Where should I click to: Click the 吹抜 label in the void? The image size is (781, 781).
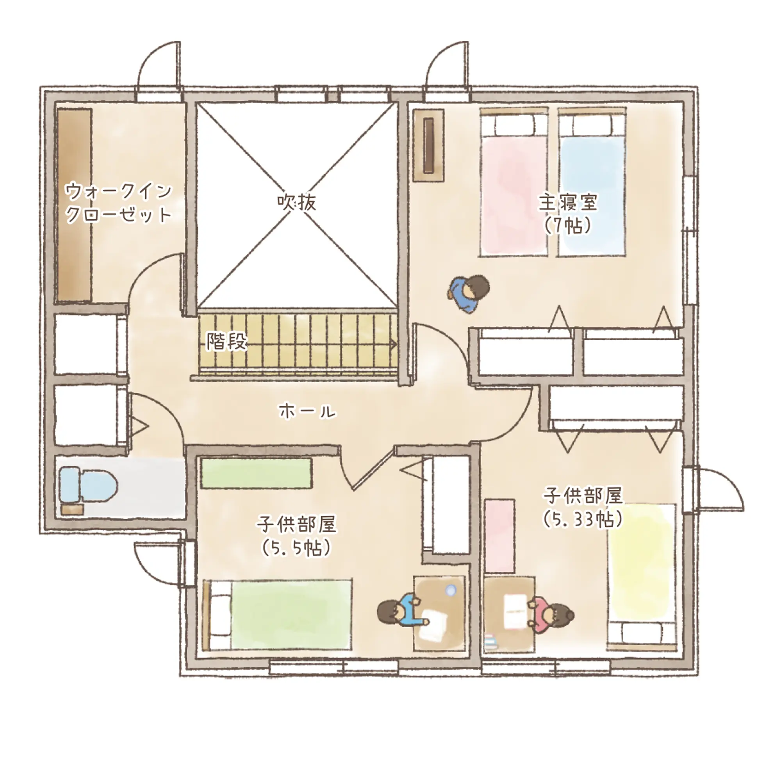pos(296,202)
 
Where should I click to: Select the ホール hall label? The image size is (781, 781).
pos(308,412)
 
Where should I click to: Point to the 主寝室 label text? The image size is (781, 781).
pos(567,203)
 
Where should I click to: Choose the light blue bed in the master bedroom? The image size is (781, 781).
pos(592,182)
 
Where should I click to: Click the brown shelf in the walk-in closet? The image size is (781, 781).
pos(74,205)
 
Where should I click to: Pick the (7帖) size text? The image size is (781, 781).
pos(567,226)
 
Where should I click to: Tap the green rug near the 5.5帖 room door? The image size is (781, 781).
pos(256,473)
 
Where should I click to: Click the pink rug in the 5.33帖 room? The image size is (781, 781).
pos(500,537)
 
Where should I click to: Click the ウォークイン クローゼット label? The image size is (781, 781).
pos(118,203)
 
